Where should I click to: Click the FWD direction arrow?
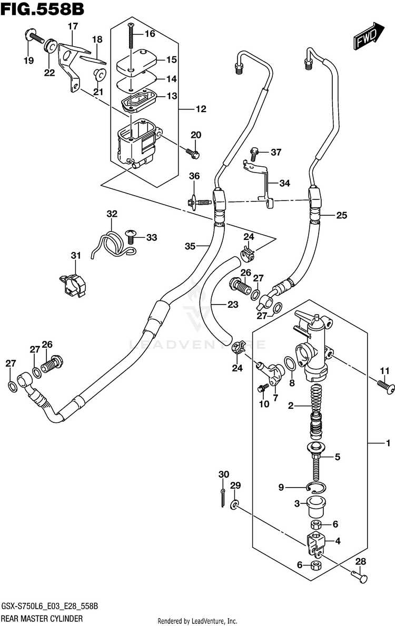(x=369, y=36)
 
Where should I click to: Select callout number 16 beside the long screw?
(x=150, y=34)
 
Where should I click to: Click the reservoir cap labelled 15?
(x=136, y=60)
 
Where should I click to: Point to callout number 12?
(x=201, y=108)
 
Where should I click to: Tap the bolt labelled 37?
(x=253, y=153)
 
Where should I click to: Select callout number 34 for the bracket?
(x=284, y=183)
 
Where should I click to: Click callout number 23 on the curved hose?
(x=233, y=305)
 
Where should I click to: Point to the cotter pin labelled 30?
(x=223, y=498)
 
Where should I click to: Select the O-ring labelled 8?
(x=291, y=364)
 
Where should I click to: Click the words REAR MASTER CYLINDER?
(x=42, y=619)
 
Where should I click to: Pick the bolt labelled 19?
(x=34, y=37)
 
